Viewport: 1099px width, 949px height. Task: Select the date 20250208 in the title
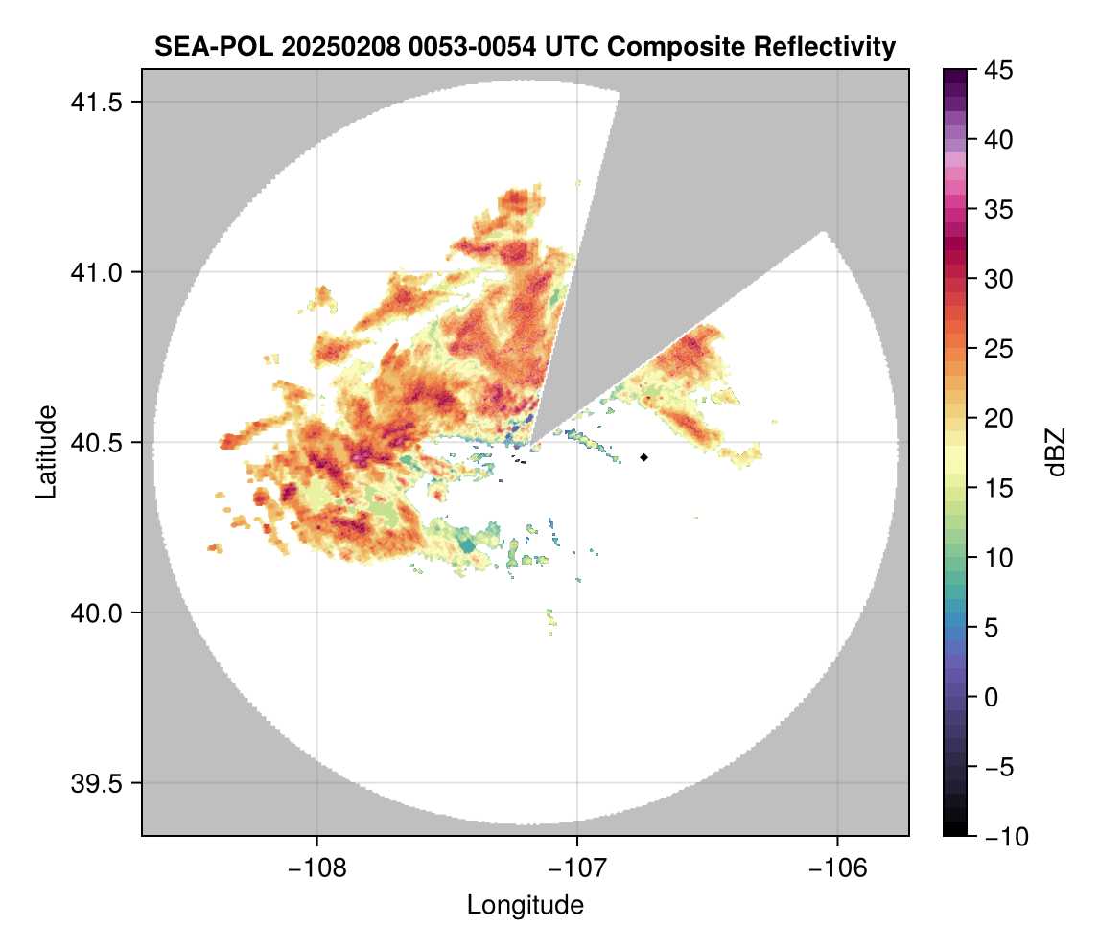(x=315, y=47)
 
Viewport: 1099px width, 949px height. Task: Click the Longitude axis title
(x=526, y=905)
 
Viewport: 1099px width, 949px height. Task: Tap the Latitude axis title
(x=46, y=451)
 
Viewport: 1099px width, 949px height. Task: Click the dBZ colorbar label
(x=1056, y=451)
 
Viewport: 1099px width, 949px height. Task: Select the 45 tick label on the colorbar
(x=1000, y=70)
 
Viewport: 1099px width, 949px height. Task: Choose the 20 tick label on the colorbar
(x=1000, y=419)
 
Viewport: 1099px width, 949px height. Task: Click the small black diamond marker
(x=644, y=457)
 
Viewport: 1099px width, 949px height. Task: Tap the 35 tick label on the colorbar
(x=1000, y=209)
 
